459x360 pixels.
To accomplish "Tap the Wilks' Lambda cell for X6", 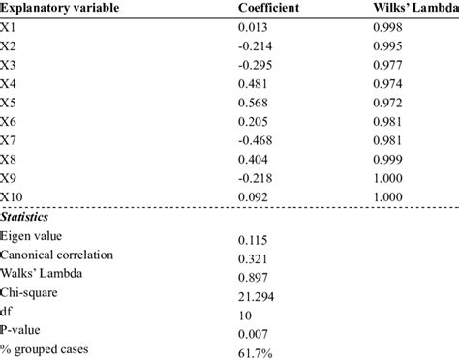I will pos(390,122).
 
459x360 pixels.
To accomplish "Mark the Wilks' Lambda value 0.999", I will pos(390,159).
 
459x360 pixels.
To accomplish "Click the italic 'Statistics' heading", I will pos(29,217).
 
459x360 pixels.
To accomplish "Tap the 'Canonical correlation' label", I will pos(59,256).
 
